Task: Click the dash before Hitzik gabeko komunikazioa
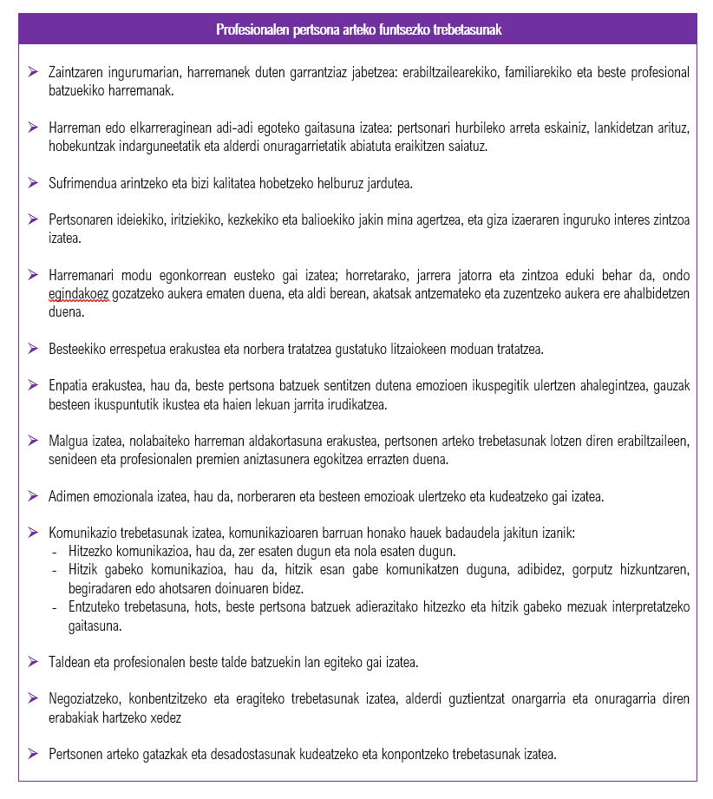(x=56, y=569)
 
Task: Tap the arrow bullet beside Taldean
(x=33, y=663)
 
